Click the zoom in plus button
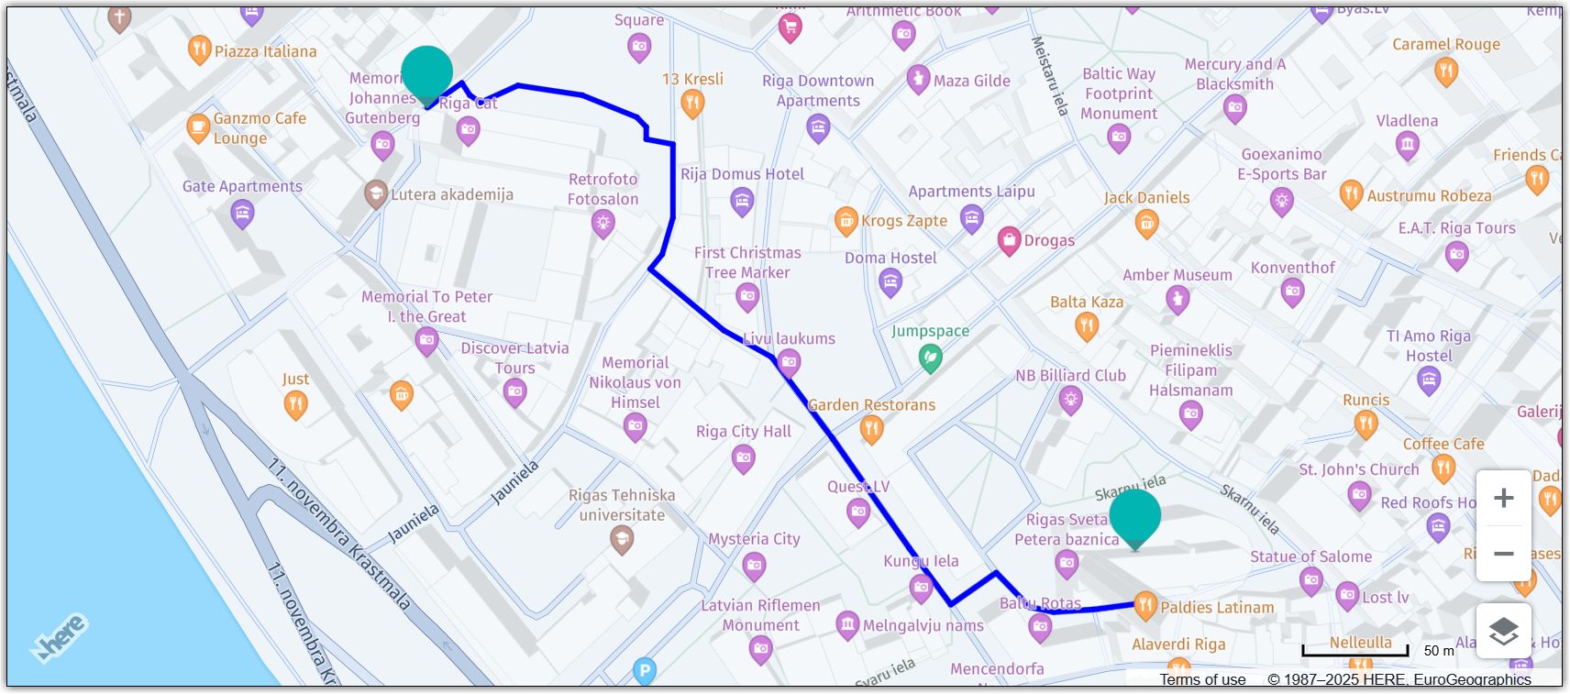1503,498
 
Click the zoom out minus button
1503,554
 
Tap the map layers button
1503,631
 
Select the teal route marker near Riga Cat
427,73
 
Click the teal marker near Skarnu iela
1134,515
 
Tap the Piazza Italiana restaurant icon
199,50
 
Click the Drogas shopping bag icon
1009,240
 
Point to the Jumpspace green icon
930,358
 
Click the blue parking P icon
645,671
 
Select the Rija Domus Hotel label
742,174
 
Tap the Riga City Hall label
743,431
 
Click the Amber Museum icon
1177,298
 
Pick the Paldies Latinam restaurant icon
1145,604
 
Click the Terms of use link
1202,679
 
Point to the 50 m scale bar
1354,651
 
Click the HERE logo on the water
61,636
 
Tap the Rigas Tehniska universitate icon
622,540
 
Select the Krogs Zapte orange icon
846,220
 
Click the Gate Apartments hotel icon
242,214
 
